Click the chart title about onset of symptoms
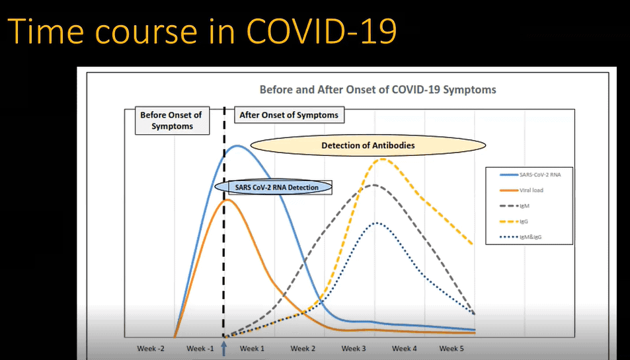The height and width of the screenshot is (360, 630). (377, 89)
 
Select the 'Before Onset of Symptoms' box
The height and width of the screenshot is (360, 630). (171, 120)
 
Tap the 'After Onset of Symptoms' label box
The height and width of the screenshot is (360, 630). (288, 115)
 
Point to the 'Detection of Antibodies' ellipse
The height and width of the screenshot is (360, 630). (368, 145)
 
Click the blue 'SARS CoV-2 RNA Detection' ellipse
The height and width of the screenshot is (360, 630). (277, 187)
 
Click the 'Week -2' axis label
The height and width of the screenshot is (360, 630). (151, 348)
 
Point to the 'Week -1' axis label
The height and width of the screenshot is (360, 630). (201, 348)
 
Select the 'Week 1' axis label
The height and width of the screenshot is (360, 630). (252, 348)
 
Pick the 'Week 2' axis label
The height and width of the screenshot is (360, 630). (303, 348)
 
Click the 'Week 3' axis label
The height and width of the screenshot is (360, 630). (354, 348)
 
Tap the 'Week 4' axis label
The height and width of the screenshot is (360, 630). (404, 348)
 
